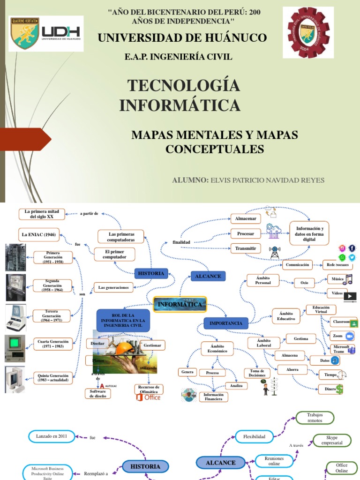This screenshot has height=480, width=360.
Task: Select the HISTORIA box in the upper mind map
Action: [x=151, y=273]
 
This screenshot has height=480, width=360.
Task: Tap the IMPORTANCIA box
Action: [x=226, y=323]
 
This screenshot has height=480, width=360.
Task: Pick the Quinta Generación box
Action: [x=53, y=378]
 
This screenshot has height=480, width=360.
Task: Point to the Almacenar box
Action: [x=246, y=219]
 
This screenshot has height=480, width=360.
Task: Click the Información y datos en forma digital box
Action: [x=309, y=233]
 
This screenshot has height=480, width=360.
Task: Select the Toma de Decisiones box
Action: [x=257, y=373]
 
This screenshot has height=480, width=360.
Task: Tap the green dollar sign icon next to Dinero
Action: [x=339, y=389]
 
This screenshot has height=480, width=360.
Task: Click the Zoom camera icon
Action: [x=349, y=336]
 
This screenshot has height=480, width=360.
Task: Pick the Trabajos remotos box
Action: [x=315, y=418]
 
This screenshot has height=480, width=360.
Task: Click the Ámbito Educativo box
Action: [x=286, y=315]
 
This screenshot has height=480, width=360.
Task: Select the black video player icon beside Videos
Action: [x=350, y=296]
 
